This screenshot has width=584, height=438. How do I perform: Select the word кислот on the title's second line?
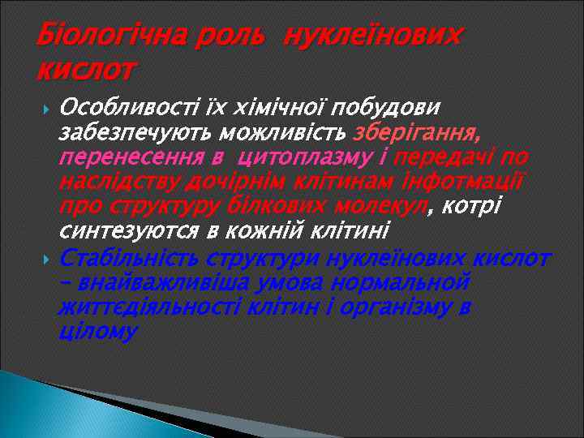(85, 72)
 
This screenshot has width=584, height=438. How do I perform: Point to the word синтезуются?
(127, 230)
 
